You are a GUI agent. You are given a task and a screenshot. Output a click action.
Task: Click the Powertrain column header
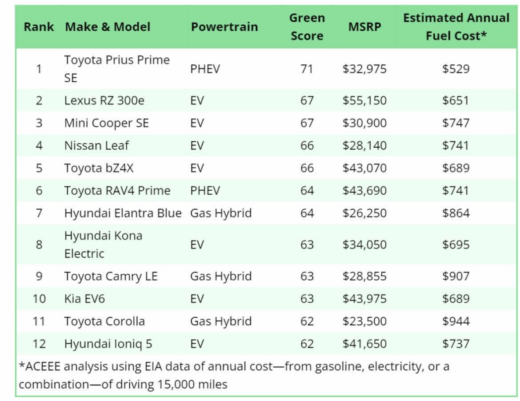pos(224,27)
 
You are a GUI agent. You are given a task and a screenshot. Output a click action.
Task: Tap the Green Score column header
pos(307,27)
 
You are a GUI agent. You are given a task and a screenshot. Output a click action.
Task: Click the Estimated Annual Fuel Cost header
pos(456,27)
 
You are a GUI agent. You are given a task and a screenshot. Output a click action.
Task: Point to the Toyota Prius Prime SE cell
pos(116,69)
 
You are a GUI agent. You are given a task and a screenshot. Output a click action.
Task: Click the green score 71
pos(307,69)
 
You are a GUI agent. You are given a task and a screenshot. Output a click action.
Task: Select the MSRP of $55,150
pos(364,100)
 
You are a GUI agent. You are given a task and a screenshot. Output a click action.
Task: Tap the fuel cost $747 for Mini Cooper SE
pos(456,123)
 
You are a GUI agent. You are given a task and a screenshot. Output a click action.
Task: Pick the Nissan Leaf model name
pos(96,146)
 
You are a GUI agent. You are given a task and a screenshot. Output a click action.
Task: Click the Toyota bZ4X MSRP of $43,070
pos(364,168)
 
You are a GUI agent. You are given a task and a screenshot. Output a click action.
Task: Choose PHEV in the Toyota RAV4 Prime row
pos(205,191)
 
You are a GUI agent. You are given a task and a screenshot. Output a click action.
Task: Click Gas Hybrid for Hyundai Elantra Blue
pos(221,213)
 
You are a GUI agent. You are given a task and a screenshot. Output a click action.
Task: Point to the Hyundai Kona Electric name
pos(103,245)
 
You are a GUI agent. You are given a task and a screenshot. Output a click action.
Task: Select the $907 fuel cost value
pos(456,277)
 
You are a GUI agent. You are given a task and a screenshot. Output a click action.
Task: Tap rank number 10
pos(39,299)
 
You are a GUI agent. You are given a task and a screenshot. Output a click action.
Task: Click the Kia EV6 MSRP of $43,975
pos(364,299)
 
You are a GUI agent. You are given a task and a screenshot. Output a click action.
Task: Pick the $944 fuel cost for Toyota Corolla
pos(456,321)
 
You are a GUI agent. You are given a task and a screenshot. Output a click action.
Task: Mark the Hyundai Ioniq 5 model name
pos(105,344)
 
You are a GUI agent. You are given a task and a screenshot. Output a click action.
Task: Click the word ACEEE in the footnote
pos(44,367)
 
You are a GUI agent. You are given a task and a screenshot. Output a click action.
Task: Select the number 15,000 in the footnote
pos(174,385)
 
